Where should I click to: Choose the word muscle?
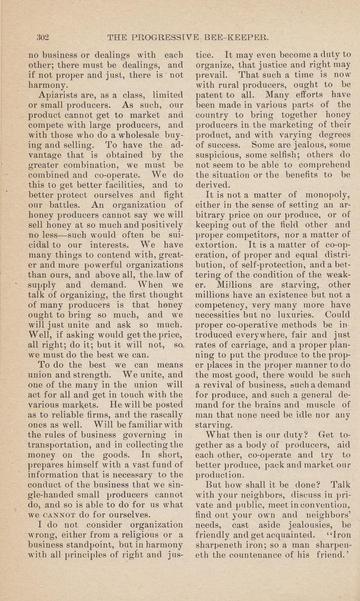(x=323, y=405)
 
